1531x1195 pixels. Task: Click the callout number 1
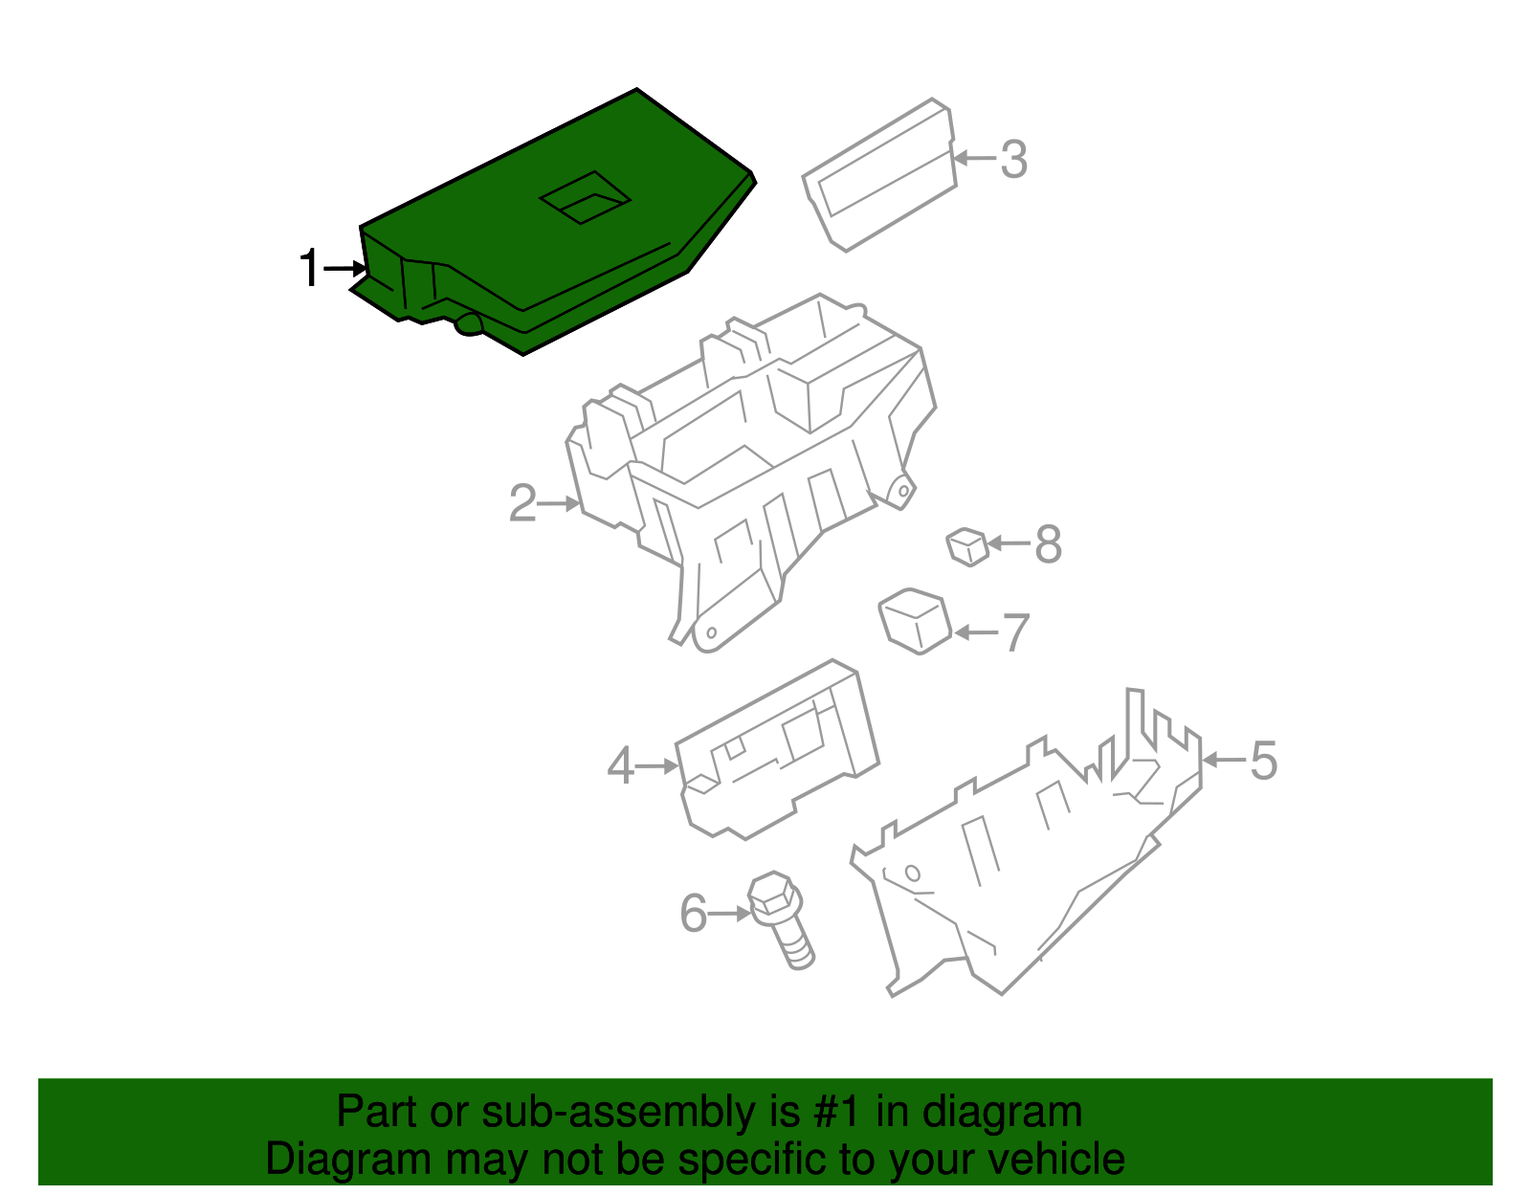(310, 268)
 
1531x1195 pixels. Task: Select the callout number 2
(522, 503)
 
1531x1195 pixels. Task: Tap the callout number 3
(1014, 159)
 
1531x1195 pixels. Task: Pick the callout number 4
(621, 765)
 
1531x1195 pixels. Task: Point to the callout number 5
(1263, 761)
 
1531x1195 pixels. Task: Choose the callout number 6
(694, 914)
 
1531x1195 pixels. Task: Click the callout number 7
(1015, 632)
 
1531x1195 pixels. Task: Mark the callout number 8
(1048, 543)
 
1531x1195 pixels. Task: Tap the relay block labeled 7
(915, 621)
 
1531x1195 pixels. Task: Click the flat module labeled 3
(879, 175)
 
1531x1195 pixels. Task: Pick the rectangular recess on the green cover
(585, 198)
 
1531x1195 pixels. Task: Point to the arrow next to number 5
(1225, 760)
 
